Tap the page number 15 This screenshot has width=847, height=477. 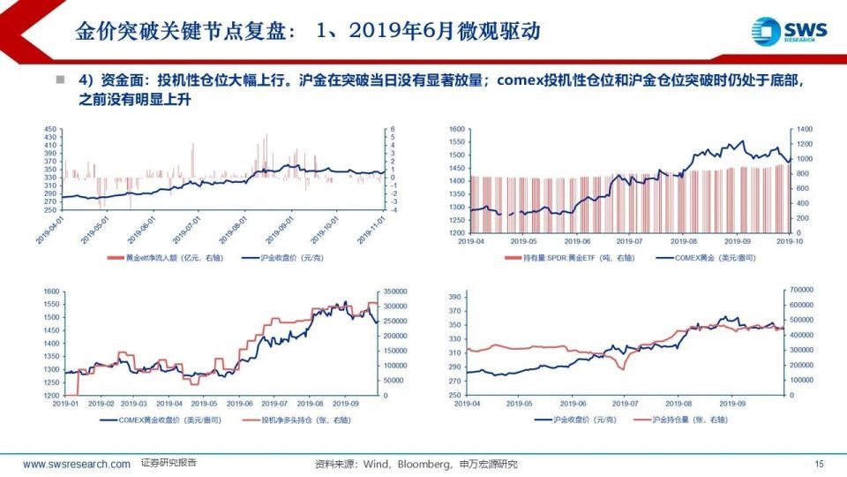[819, 464]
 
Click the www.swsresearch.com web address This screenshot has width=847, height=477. [77, 464]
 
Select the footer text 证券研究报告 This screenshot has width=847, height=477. [169, 464]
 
